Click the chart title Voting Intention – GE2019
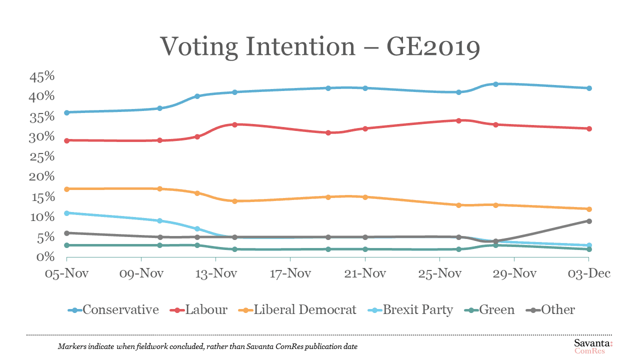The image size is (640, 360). (320, 47)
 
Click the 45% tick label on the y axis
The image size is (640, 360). (42, 76)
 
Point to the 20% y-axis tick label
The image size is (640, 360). (42, 176)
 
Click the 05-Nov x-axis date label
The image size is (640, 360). (66, 274)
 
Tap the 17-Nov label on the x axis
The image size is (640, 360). (290, 274)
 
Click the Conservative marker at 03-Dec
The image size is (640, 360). (589, 88)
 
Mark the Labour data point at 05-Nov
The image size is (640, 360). (66, 140)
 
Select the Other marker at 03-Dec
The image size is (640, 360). (589, 221)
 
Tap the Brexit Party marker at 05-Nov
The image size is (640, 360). (66, 213)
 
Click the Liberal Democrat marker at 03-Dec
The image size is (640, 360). (589, 209)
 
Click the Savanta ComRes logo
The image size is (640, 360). (592, 346)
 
